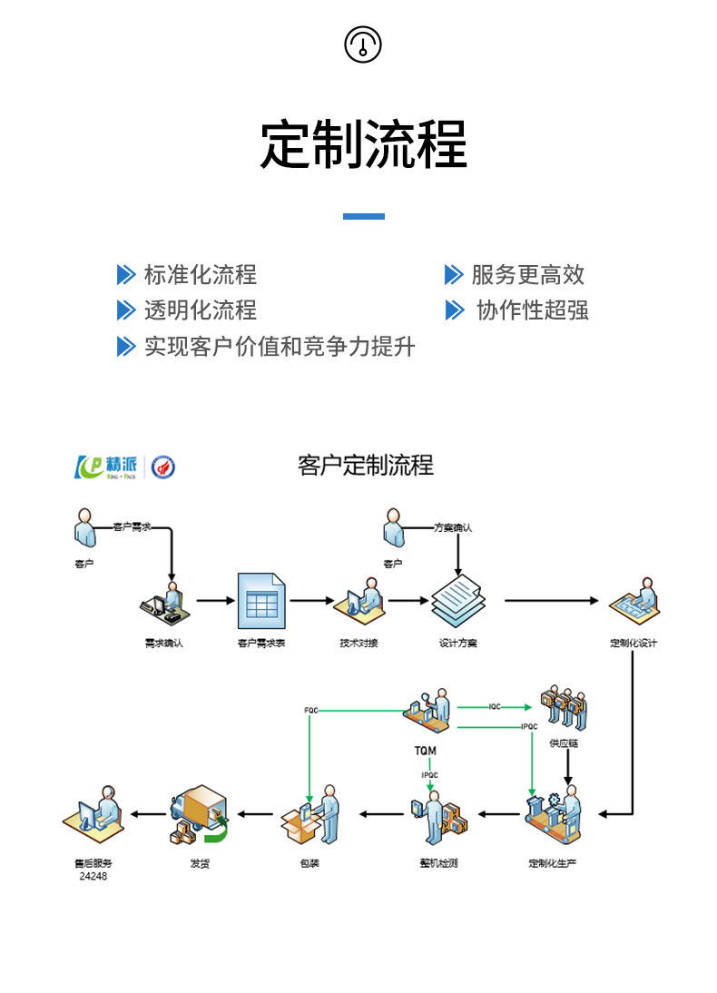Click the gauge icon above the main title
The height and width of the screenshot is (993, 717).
[x=363, y=44]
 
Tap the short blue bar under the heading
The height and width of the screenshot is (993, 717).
[x=363, y=216]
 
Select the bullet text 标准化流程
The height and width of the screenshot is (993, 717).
[x=200, y=274]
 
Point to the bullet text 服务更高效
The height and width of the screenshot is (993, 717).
[x=527, y=274]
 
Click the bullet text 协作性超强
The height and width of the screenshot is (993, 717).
[x=533, y=310]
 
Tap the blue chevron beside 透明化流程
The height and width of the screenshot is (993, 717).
[x=125, y=310]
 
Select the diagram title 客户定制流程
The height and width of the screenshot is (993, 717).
[x=366, y=466]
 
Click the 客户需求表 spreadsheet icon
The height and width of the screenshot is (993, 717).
[x=261, y=601]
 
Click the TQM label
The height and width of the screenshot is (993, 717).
[x=425, y=751]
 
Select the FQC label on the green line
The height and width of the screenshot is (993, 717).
[x=310, y=709]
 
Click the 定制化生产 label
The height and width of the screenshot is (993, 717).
[x=553, y=862]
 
